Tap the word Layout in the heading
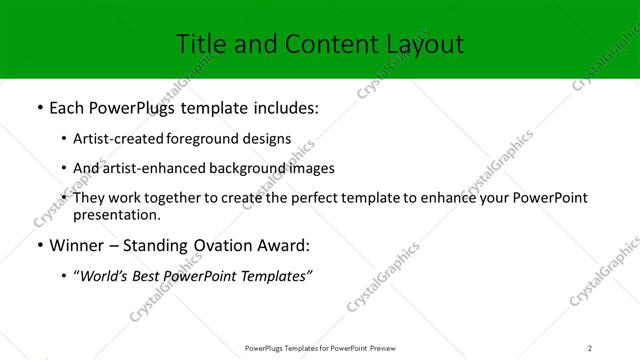click(423, 44)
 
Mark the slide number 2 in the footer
click(590, 348)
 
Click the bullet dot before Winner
click(39, 245)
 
